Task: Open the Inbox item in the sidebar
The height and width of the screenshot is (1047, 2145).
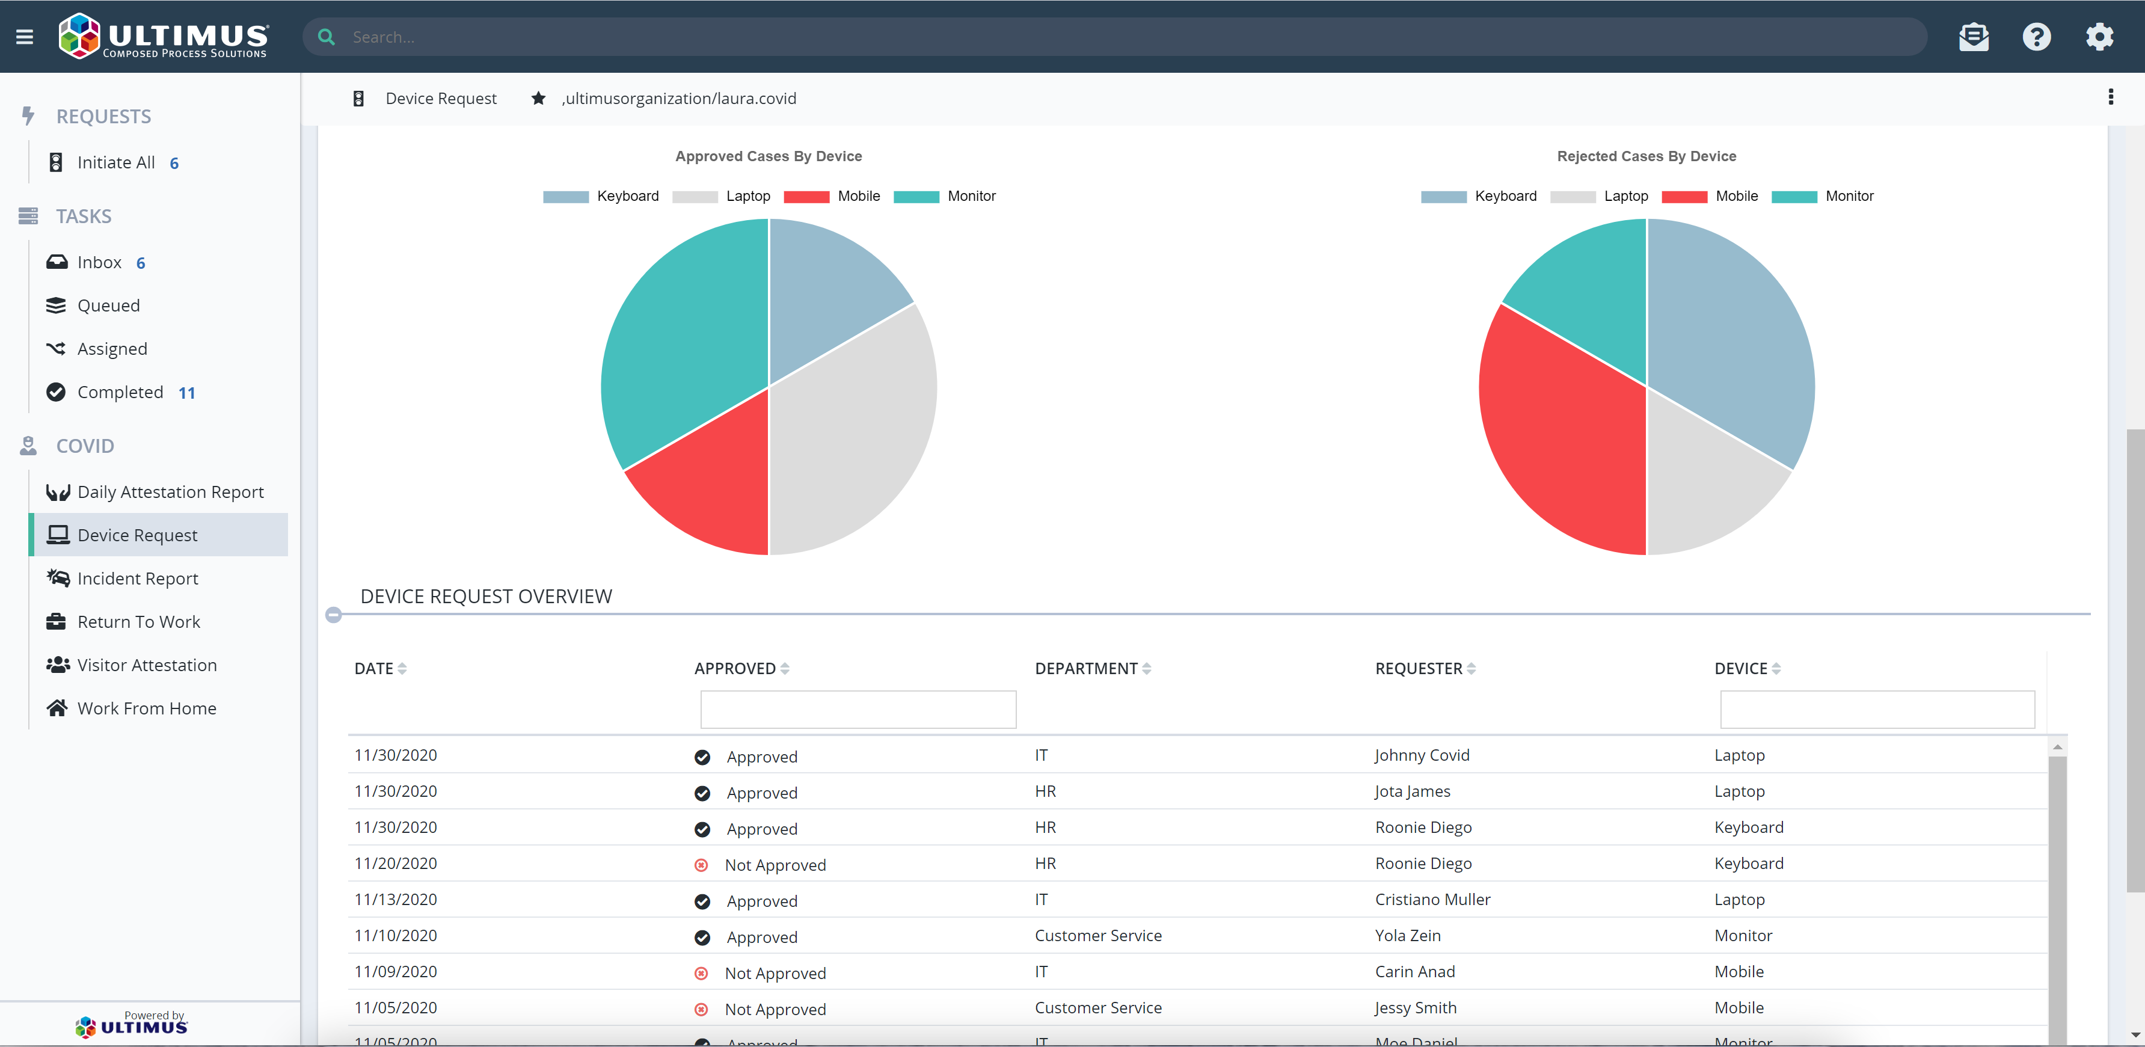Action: (99, 262)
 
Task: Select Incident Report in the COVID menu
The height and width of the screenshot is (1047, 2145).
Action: (137, 578)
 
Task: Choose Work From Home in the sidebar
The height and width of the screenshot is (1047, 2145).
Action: (147, 708)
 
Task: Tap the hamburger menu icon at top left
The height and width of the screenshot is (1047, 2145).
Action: (24, 37)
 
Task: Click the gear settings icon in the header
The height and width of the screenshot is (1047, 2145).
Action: (2099, 37)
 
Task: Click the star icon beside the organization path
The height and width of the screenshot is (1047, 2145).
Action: (539, 98)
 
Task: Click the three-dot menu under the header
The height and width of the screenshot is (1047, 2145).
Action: (2110, 97)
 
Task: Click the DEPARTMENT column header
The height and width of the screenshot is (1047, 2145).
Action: (1086, 668)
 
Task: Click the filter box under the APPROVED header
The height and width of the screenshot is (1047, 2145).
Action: (858, 710)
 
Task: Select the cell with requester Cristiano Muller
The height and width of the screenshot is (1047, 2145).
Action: (1432, 900)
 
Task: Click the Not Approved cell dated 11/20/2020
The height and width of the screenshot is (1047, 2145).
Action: (775, 865)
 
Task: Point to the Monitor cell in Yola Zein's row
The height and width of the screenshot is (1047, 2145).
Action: (1743, 935)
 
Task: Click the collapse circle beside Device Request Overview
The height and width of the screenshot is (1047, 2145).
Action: (334, 615)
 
